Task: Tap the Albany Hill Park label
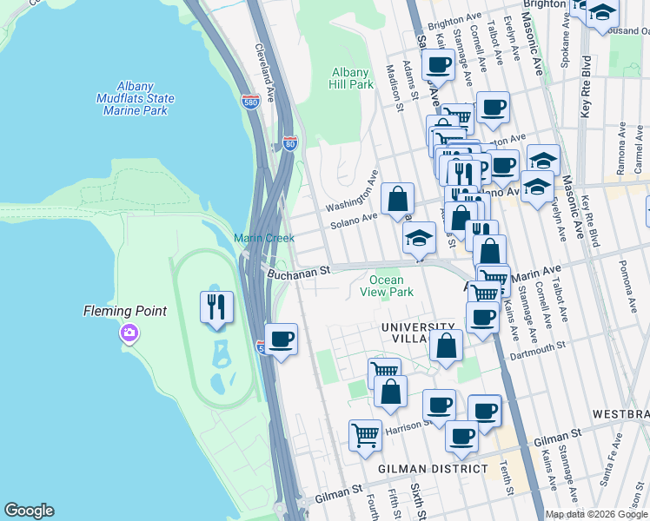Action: (351, 79)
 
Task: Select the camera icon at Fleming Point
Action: (129, 333)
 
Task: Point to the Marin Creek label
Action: (263, 238)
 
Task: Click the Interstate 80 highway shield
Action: (289, 142)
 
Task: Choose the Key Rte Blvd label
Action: (586, 87)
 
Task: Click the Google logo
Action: (29, 511)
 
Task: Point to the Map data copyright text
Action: (595, 514)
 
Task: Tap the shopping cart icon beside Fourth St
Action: (366, 435)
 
